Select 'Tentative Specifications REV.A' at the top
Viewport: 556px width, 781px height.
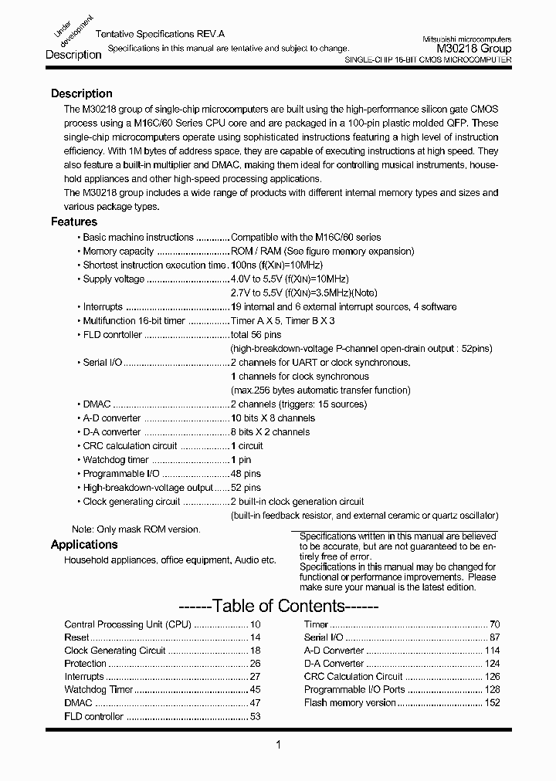tap(159, 35)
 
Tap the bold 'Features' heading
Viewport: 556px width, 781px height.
tap(73, 221)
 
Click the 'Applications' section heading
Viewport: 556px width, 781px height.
tap(83, 544)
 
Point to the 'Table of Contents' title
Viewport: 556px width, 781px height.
tap(277, 606)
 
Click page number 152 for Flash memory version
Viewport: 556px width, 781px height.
tap(492, 703)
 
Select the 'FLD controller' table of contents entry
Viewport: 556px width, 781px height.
tap(93, 717)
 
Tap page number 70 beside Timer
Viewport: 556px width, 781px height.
tap(495, 624)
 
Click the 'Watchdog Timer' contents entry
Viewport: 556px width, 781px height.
tap(99, 689)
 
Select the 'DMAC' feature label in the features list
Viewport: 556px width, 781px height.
tap(97, 404)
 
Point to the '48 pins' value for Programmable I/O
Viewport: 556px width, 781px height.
tap(246, 474)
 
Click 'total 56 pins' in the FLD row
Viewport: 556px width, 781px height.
tap(256, 335)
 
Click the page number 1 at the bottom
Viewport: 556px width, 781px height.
tap(278, 745)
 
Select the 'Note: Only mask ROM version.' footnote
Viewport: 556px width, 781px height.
tap(136, 529)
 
